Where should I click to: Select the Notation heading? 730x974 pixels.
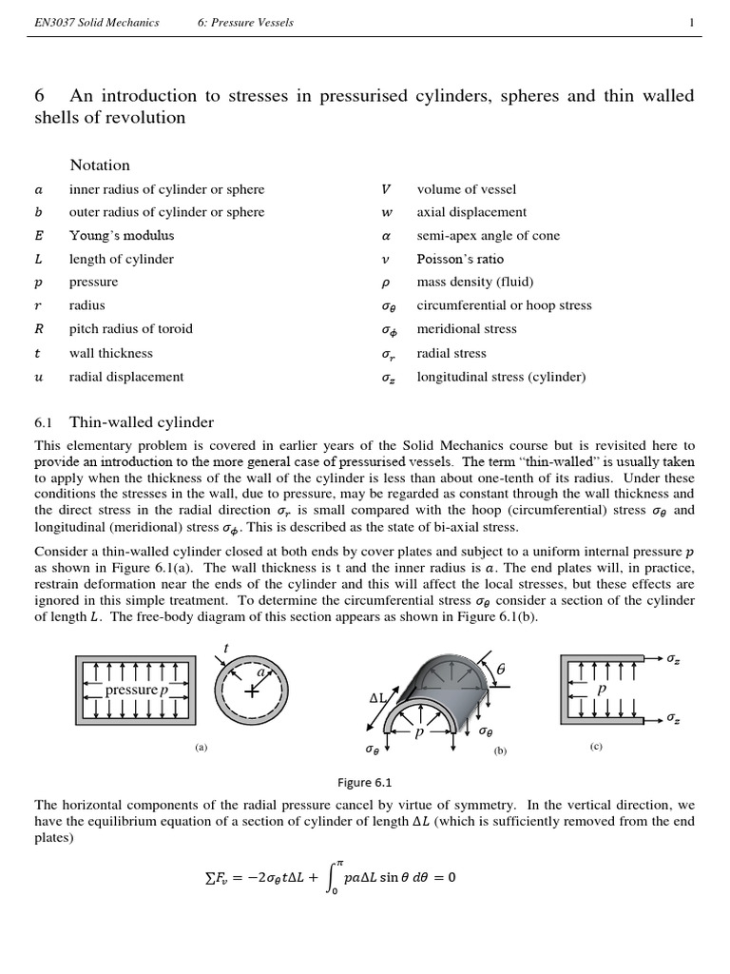pos(100,165)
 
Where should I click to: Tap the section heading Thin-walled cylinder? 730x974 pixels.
pos(142,422)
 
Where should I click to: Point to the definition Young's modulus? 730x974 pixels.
pos(122,236)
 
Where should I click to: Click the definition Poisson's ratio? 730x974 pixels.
pos(460,259)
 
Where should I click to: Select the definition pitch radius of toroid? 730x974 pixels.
pos(130,329)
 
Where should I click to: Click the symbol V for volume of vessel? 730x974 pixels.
pos(385,189)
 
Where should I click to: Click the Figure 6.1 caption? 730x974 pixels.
pos(364,782)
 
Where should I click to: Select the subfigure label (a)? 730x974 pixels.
pos(201,748)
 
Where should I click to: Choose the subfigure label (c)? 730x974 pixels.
pos(596,747)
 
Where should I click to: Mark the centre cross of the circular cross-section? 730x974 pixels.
pos(252,692)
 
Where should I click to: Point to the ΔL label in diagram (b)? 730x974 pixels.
pos(378,697)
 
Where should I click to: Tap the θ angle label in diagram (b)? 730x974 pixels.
pos(501,671)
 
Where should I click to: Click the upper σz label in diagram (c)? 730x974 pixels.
pos(673,658)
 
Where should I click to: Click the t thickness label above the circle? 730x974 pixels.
pos(225,648)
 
